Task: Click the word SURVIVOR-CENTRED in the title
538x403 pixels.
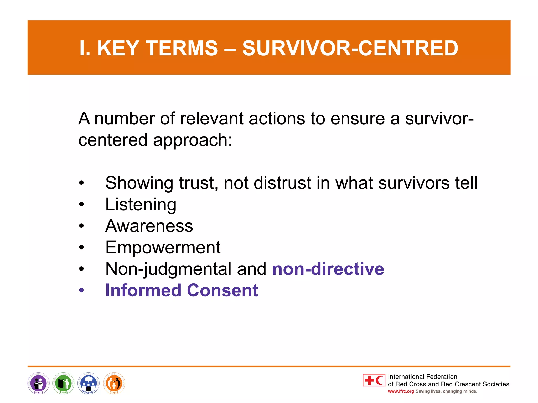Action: coord(350,48)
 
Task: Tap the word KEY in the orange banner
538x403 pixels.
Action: coord(118,48)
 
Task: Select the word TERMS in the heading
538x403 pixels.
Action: coord(182,48)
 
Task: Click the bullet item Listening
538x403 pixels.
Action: coord(141,204)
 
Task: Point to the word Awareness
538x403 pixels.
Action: coord(149,226)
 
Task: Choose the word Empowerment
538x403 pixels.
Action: coord(163,247)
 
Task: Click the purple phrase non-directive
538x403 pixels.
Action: coord(328,269)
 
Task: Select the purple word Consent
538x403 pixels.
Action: coord(223,290)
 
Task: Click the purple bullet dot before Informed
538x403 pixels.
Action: coord(82,290)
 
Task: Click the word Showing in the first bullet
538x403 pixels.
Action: coord(139,183)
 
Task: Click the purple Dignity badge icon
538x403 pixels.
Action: coord(38,383)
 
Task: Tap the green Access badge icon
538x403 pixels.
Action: coord(63,383)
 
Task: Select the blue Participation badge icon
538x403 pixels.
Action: coord(89,383)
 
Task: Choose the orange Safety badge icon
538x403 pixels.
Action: coord(114,383)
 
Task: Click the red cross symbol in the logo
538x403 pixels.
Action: coord(369,380)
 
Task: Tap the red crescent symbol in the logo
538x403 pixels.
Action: coord(380,380)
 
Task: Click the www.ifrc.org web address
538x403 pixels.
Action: coord(401,391)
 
